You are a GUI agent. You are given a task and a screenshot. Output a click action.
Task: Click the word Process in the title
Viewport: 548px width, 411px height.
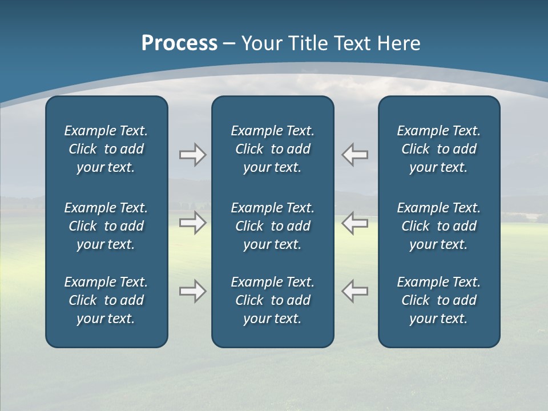point(179,43)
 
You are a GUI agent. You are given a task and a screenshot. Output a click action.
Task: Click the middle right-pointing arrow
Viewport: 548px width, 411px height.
point(193,223)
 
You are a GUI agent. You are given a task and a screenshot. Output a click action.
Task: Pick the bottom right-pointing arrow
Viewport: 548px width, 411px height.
point(193,291)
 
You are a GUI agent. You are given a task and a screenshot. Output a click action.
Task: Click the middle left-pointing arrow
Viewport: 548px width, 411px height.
point(355,223)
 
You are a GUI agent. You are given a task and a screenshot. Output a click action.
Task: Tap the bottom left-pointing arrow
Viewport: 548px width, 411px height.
point(355,291)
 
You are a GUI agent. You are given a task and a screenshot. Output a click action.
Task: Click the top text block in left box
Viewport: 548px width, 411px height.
point(106,149)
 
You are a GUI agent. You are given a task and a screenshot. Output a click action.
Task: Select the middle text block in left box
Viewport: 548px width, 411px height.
point(106,226)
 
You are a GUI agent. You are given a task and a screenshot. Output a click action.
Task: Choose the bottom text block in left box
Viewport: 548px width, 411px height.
point(106,300)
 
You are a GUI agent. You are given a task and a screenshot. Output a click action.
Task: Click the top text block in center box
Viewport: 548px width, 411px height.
point(273,149)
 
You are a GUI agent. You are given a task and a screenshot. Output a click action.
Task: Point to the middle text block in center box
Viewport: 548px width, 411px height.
point(273,226)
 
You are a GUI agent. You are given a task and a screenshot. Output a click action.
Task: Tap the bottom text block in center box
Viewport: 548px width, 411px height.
point(273,300)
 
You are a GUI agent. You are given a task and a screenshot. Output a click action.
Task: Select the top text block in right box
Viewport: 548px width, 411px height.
point(439,149)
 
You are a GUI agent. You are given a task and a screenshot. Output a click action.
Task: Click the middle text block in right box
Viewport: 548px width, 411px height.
point(439,226)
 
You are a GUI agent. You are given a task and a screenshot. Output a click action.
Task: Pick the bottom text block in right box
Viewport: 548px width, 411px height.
point(439,300)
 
